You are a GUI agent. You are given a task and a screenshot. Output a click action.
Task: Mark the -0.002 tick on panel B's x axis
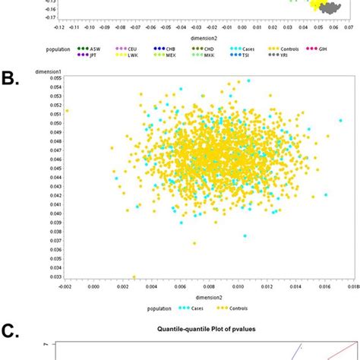tap(66, 287)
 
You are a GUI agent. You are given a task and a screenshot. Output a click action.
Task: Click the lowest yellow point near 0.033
tap(134, 277)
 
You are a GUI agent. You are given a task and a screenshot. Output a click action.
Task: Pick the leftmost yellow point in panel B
tap(67, 111)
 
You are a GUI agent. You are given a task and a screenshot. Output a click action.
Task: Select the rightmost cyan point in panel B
tap(340, 121)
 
